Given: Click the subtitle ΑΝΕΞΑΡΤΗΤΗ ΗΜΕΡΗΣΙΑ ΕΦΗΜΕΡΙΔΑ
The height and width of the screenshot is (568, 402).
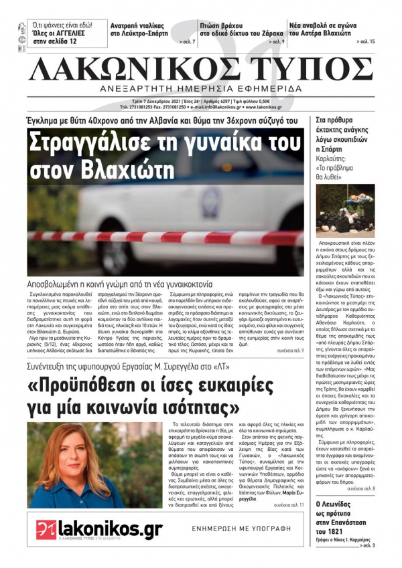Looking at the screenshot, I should [200, 89].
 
